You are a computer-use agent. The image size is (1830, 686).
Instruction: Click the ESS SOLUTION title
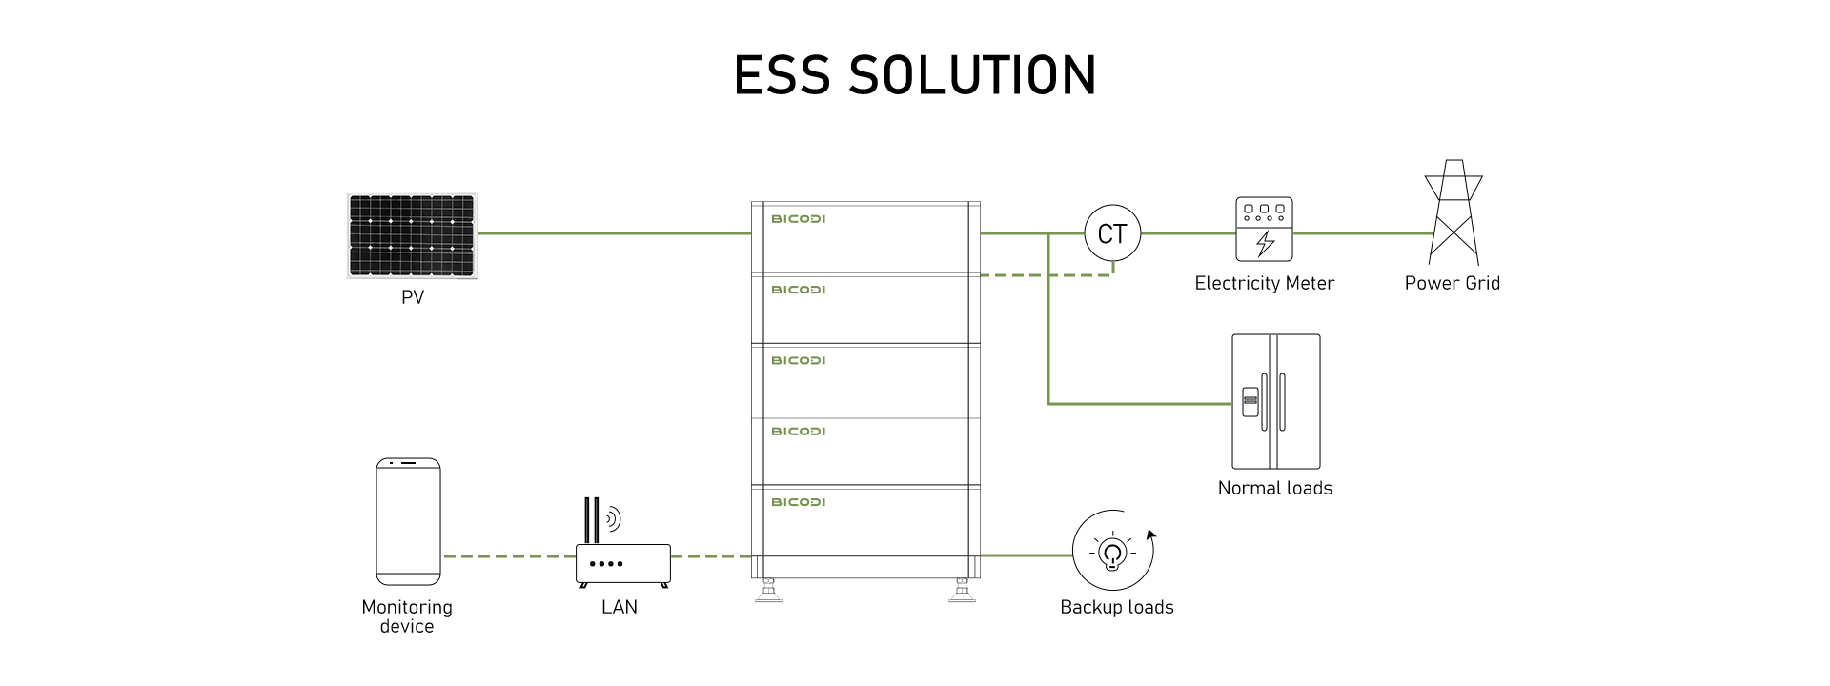tap(915, 75)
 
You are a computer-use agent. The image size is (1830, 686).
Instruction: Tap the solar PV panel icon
tap(412, 236)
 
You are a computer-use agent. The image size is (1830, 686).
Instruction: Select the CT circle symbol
tap(1112, 233)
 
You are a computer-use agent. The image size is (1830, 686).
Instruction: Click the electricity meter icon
tap(1265, 229)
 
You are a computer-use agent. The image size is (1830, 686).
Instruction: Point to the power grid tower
tap(1454, 212)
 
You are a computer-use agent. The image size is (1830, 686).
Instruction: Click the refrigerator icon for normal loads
tap(1276, 401)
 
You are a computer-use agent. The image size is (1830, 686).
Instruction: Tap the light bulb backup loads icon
tap(1113, 552)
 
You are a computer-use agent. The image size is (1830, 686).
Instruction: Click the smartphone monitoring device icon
tap(408, 521)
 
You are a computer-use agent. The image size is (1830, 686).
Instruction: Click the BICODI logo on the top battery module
tap(799, 219)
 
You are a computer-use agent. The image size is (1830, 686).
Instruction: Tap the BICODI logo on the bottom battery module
tap(799, 502)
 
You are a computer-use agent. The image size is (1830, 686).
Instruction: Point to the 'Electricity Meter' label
tap(1265, 283)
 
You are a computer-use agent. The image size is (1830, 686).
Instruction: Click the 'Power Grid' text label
tap(1453, 283)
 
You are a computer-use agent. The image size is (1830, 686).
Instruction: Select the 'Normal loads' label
tap(1275, 488)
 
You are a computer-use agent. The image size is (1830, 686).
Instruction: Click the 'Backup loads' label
tap(1117, 608)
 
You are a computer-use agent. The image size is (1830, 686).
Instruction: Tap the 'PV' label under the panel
tap(413, 297)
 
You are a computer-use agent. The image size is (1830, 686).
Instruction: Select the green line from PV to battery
tap(615, 232)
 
